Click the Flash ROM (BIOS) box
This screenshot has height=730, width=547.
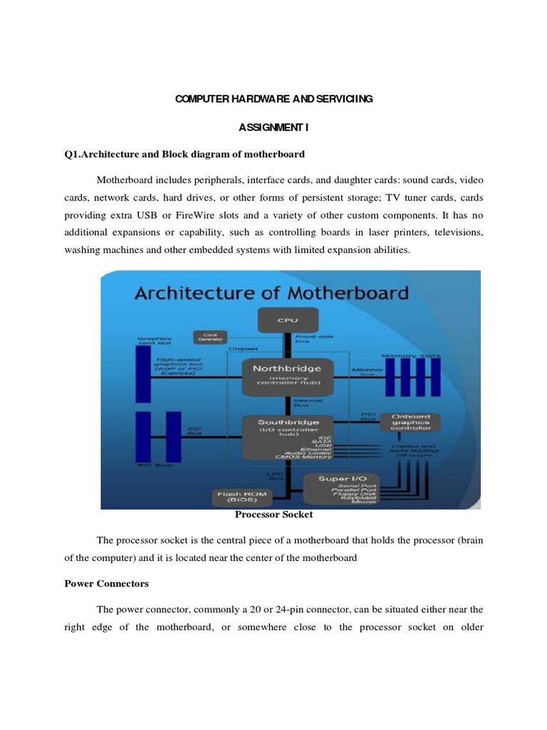pyautogui.click(x=239, y=495)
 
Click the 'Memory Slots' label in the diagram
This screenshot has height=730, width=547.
pyautogui.click(x=411, y=355)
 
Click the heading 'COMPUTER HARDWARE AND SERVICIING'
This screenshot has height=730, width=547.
pyautogui.click(x=273, y=99)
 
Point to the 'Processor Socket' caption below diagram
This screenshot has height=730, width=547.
pyautogui.click(x=273, y=513)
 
